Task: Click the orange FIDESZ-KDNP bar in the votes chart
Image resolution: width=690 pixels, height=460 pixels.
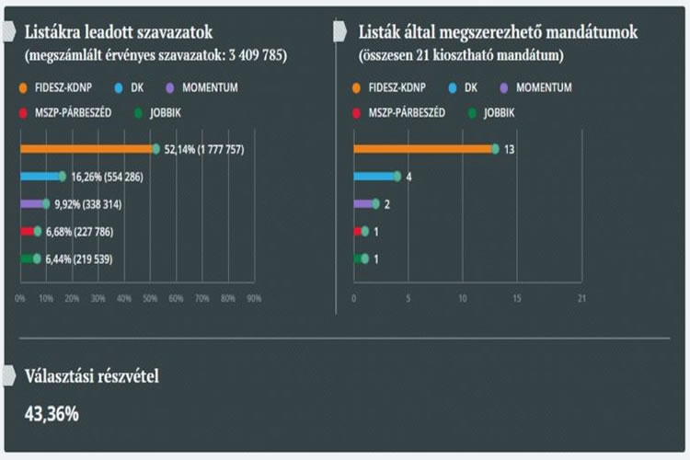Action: (87, 148)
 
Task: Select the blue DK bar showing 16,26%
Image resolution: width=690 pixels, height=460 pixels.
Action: (40, 176)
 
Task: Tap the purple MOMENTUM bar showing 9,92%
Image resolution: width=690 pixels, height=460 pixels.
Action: (32, 203)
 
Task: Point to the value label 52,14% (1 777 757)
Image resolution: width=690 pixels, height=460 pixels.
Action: (203, 149)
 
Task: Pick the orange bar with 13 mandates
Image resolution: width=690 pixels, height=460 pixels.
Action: (423, 148)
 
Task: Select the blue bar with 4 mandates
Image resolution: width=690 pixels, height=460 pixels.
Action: (374, 176)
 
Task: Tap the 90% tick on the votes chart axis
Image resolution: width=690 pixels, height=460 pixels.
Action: (254, 298)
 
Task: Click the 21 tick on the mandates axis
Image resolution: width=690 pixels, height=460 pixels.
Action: (581, 298)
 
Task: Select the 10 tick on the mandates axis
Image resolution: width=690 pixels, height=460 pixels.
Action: (463, 298)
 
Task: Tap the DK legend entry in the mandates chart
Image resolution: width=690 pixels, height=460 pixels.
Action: (475, 87)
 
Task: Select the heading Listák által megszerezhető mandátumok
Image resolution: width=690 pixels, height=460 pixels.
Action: (498, 31)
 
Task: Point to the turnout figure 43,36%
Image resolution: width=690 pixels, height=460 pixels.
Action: (52, 413)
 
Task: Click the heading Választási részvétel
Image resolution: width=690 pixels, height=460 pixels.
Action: (92, 375)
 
